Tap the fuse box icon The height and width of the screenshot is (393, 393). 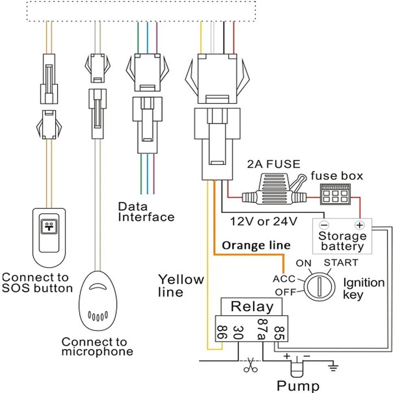coord(334,194)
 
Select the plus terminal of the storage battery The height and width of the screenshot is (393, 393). coord(358,225)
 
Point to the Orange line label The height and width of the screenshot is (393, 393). coord(256,246)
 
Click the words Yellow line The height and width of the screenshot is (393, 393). coord(181,286)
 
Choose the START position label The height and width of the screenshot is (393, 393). coord(340,263)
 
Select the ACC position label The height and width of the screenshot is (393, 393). coord(284,279)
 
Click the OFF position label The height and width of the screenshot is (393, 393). coord(285,292)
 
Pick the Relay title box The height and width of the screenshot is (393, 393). coord(252,306)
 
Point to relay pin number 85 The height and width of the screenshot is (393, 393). coord(279,332)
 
